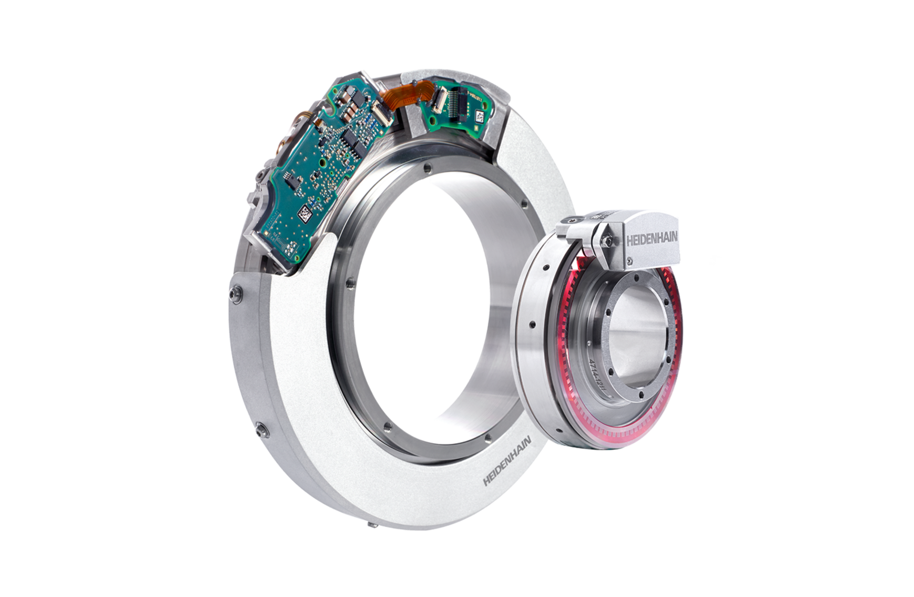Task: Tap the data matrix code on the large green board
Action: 305,213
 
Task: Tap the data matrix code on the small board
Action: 480,117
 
